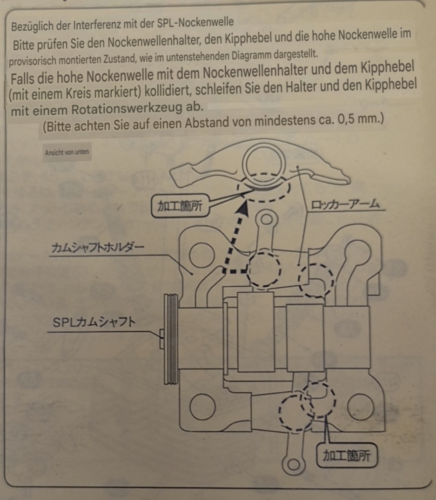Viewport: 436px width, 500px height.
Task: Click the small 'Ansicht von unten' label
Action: pyautogui.click(x=67, y=152)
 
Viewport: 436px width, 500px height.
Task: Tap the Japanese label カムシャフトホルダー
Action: pyautogui.click(x=98, y=248)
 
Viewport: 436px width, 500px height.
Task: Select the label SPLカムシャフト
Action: pyautogui.click(x=94, y=322)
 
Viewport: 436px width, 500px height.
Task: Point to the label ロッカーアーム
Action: pyautogui.click(x=345, y=204)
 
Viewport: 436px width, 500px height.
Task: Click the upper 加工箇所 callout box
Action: pyautogui.click(x=180, y=206)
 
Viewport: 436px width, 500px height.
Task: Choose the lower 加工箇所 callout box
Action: pyautogui.click(x=347, y=455)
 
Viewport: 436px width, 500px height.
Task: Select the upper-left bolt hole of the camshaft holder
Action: pyautogui.click(x=202, y=255)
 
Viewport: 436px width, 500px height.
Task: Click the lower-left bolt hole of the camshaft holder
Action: pyautogui.click(x=202, y=407)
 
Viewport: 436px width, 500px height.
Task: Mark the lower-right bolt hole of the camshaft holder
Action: pyautogui.click(x=360, y=407)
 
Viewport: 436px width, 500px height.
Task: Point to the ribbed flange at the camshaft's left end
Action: pyautogui.click(x=171, y=339)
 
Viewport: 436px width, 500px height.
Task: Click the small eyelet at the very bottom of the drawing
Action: pyautogui.click(x=293, y=464)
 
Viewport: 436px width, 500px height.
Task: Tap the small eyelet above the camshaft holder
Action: pyautogui.click(x=266, y=219)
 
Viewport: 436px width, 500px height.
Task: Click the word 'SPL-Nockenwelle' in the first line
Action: pyautogui.click(x=195, y=23)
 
